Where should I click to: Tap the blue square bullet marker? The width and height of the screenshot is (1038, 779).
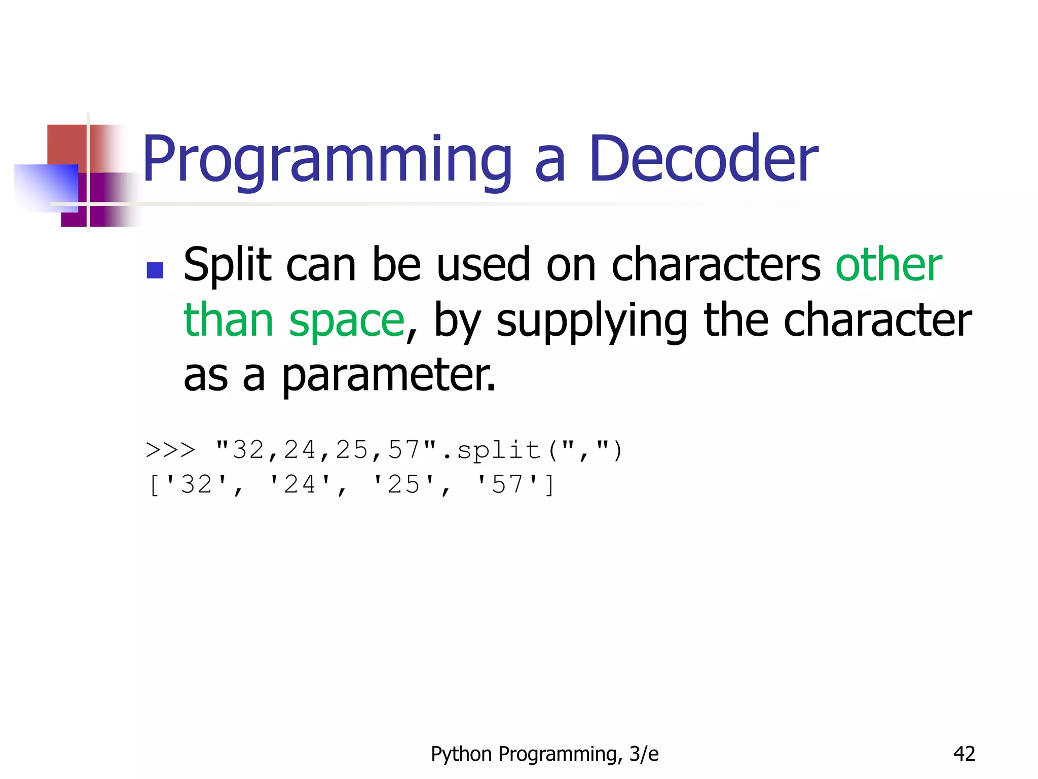[155, 270]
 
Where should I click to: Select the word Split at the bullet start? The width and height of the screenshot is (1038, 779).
[228, 265]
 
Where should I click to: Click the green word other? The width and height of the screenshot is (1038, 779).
[888, 264]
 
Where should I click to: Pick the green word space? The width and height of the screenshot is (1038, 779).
[347, 321]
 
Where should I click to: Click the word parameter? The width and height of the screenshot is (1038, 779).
[388, 375]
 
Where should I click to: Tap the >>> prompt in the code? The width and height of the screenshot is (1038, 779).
[170, 450]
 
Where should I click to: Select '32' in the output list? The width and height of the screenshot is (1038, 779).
[196, 484]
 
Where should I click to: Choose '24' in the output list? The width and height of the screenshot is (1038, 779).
[300, 484]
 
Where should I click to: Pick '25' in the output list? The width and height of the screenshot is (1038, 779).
[403, 484]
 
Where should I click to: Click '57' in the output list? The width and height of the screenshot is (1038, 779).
[507, 484]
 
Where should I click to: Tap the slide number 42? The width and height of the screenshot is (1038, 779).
[964, 754]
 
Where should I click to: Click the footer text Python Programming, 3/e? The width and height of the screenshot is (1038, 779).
[544, 754]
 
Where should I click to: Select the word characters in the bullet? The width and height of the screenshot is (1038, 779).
[716, 265]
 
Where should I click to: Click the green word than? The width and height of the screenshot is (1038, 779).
[228, 321]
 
